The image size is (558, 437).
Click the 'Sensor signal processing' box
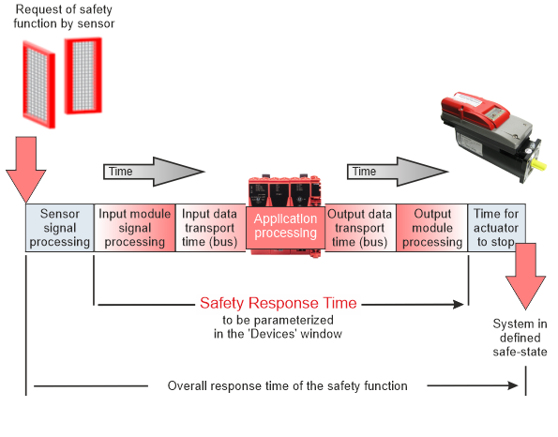pyautogui.click(x=60, y=228)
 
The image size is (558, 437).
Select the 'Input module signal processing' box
pyautogui.click(x=134, y=228)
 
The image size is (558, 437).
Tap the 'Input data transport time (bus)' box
pyautogui.click(x=210, y=228)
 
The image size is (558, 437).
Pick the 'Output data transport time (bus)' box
pyautogui.click(x=360, y=228)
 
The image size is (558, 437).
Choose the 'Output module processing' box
pyautogui.click(x=432, y=228)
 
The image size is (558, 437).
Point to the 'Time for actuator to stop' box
pyautogui.click(x=496, y=228)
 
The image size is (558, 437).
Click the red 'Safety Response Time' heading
pyautogui.click(x=279, y=303)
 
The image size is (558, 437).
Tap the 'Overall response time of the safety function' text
pyautogui.click(x=288, y=386)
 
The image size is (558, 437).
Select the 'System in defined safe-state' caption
pyautogui.click(x=520, y=338)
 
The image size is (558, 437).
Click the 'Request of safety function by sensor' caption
pyautogui.click(x=64, y=16)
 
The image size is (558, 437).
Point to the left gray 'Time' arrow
pyautogui.click(x=154, y=172)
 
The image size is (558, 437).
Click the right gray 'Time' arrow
pyautogui.click(x=398, y=172)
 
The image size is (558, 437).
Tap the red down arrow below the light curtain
pyautogui.click(x=25, y=170)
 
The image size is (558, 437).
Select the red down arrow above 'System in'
pyautogui.click(x=525, y=276)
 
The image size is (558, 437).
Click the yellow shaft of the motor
pyautogui.click(x=539, y=165)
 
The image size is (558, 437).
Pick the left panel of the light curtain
pyautogui.click(x=38, y=84)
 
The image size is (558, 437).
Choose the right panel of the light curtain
pyautogui.click(x=83, y=76)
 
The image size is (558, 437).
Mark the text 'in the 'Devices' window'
pyautogui.click(x=278, y=334)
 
